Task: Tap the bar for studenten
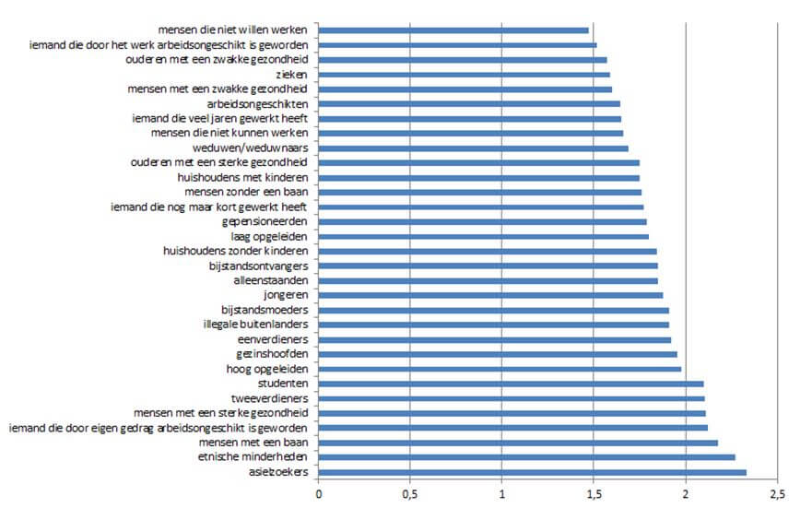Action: coord(512,384)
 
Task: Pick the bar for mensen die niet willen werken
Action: coord(453,30)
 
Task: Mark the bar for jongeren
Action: coord(491,295)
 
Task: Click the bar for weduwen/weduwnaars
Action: coord(474,148)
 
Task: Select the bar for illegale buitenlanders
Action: coord(494,325)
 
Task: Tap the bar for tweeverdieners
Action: coord(512,398)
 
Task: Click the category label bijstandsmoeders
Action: coord(265,310)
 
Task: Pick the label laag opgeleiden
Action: coord(271,236)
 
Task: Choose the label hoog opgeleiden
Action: coord(266,369)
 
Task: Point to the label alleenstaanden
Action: coord(271,280)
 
